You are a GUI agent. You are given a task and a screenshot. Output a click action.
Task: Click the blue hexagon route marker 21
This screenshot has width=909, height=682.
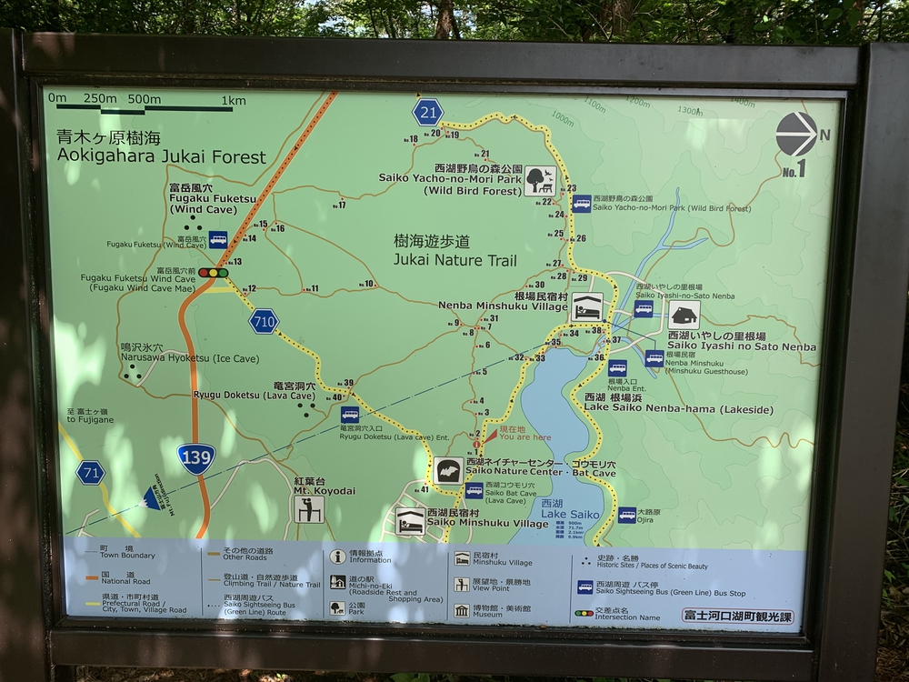tap(427, 112)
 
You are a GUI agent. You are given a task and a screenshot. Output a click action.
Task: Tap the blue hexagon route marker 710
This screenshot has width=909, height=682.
tap(264, 321)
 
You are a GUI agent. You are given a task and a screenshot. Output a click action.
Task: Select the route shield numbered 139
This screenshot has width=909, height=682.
tap(196, 456)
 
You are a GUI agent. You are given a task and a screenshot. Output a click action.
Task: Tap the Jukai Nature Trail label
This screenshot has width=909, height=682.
tap(454, 252)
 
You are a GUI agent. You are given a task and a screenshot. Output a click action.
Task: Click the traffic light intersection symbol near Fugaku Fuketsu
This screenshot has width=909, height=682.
tap(214, 272)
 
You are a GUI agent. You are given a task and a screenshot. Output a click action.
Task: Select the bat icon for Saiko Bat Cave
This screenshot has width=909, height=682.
tap(447, 471)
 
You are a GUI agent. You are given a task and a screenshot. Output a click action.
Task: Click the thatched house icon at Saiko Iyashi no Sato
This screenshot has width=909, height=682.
tap(684, 316)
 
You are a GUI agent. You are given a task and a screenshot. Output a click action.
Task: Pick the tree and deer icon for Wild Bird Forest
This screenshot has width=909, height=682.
tap(540, 180)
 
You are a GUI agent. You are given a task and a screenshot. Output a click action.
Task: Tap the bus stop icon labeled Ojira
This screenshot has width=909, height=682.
tap(627, 515)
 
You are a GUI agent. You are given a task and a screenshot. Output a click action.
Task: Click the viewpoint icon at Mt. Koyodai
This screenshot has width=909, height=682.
tap(309, 508)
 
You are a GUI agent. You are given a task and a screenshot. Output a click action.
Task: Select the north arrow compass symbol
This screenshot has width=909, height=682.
tap(796, 135)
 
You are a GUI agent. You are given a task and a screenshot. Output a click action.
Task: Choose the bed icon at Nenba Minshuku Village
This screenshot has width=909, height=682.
tap(586, 306)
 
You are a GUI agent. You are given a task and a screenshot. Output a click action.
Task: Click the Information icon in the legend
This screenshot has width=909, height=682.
tap(338, 557)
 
